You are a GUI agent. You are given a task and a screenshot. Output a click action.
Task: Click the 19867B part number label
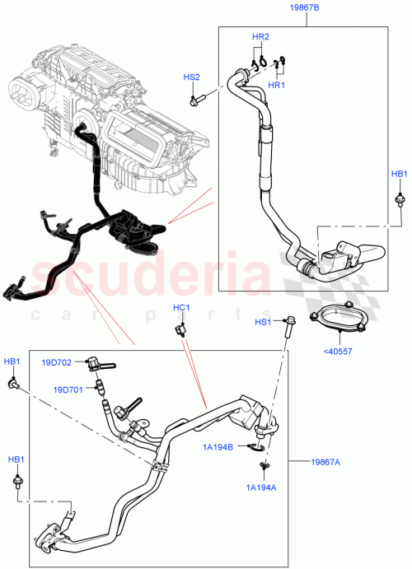[305, 9]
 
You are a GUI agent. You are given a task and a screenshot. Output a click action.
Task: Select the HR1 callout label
[276, 85]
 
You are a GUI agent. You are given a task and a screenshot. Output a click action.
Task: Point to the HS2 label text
[191, 77]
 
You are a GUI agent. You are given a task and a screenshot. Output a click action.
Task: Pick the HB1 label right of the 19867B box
[399, 174]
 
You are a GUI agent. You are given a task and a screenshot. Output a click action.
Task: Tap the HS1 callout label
[262, 322]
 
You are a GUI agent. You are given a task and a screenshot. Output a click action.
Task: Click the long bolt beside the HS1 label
[289, 328]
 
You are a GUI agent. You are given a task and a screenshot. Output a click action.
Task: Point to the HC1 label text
[181, 308]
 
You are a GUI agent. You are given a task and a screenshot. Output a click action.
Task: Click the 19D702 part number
[58, 361]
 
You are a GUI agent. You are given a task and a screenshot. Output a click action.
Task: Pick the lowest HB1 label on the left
[16, 459]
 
